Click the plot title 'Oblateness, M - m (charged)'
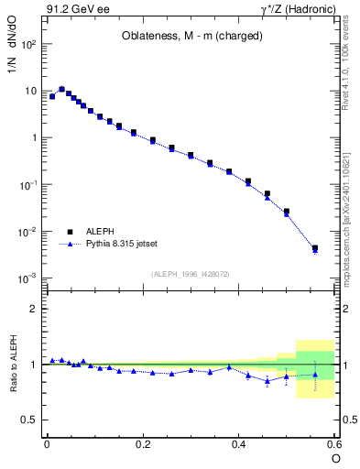(193, 37)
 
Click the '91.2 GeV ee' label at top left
(75, 10)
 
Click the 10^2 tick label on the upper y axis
(27, 44)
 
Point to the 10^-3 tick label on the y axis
(27, 278)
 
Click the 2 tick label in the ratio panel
(33, 309)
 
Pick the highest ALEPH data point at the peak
(61, 90)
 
